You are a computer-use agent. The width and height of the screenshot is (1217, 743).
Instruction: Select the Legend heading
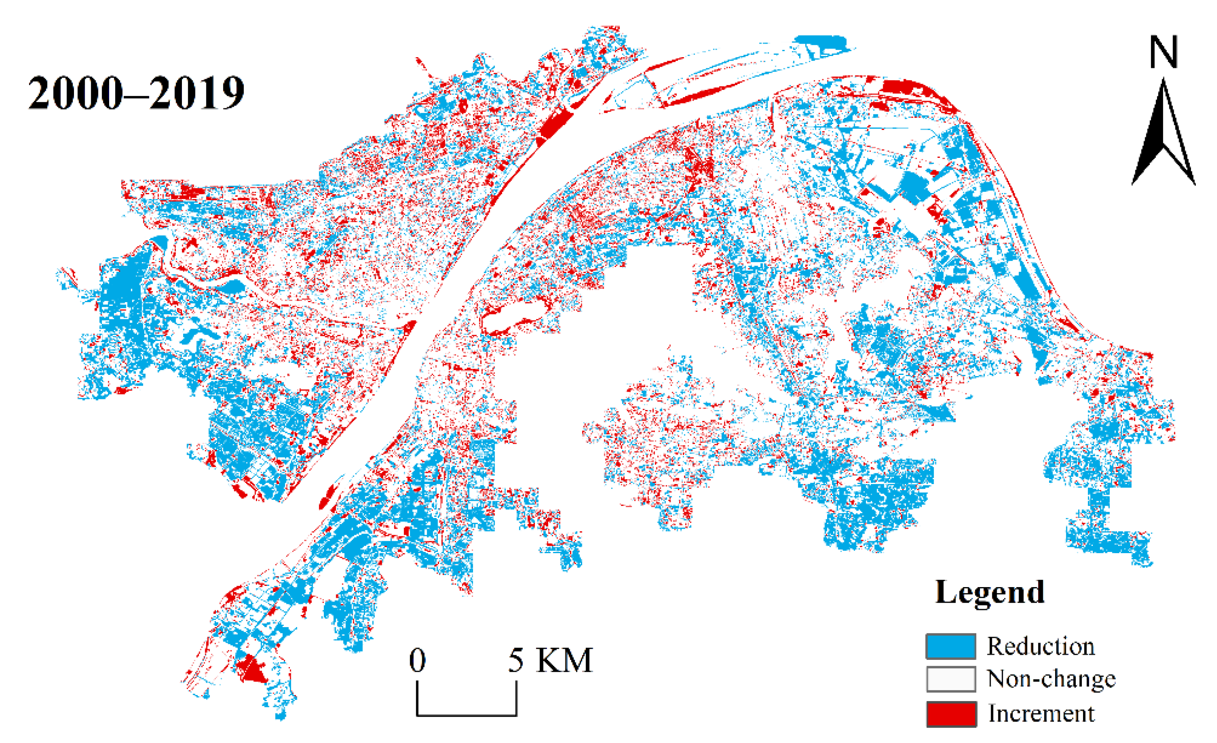point(989,592)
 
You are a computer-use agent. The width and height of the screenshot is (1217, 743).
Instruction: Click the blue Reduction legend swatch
point(950,646)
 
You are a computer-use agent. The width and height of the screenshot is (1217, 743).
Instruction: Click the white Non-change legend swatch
point(950,679)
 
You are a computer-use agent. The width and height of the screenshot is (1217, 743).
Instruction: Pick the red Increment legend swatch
point(950,714)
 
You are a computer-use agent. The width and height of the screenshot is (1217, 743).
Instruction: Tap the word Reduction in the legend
point(1041,646)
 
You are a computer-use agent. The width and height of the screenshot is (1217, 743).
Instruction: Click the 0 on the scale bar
point(417,660)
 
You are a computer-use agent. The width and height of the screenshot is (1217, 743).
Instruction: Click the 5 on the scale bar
point(516,660)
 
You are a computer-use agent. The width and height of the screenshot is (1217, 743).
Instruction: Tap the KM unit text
point(564,660)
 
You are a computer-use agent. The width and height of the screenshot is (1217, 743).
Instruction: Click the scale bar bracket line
point(466,714)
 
